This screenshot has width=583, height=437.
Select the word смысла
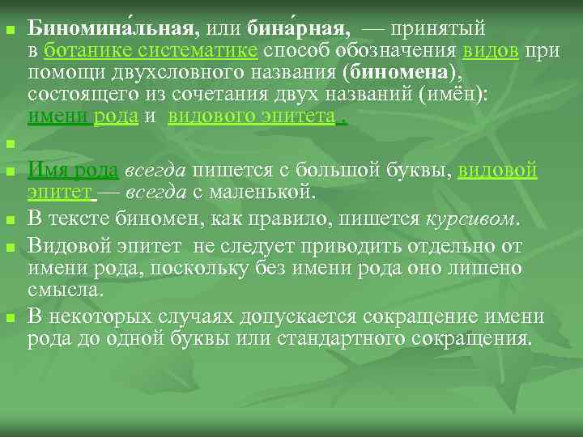[x=65, y=289]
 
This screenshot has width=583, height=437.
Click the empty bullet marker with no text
[x=10, y=146]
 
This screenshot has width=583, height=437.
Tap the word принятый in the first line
[x=437, y=30]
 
